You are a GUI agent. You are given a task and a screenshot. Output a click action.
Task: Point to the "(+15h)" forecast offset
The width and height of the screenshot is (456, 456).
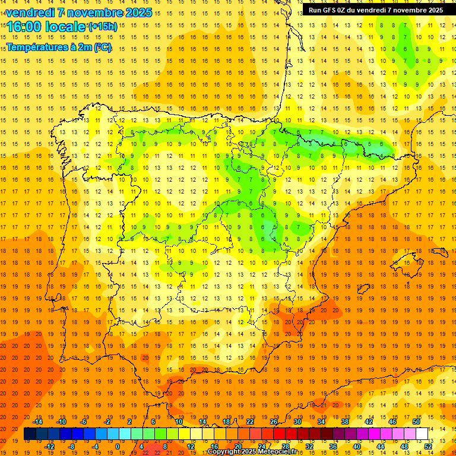pyautogui.click(x=103, y=26)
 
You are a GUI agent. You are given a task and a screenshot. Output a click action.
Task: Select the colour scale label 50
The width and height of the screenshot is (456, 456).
pyautogui.click(x=416, y=422)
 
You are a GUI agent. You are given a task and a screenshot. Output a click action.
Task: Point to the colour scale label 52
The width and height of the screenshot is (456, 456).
pyautogui.click(x=428, y=446)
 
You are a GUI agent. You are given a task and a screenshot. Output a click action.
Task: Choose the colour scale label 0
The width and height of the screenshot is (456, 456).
pyautogui.click(x=118, y=446)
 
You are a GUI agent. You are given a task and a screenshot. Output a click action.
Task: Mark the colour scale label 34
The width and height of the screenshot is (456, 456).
pyautogui.click(x=321, y=422)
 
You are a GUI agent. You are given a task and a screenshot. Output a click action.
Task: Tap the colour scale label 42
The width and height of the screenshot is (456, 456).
pyautogui.click(x=369, y=422)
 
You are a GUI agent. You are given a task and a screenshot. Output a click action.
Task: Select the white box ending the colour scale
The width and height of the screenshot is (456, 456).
pyautogui.click(x=422, y=434)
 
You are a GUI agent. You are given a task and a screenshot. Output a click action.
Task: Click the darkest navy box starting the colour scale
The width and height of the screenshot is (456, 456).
pyautogui.click(x=30, y=434)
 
